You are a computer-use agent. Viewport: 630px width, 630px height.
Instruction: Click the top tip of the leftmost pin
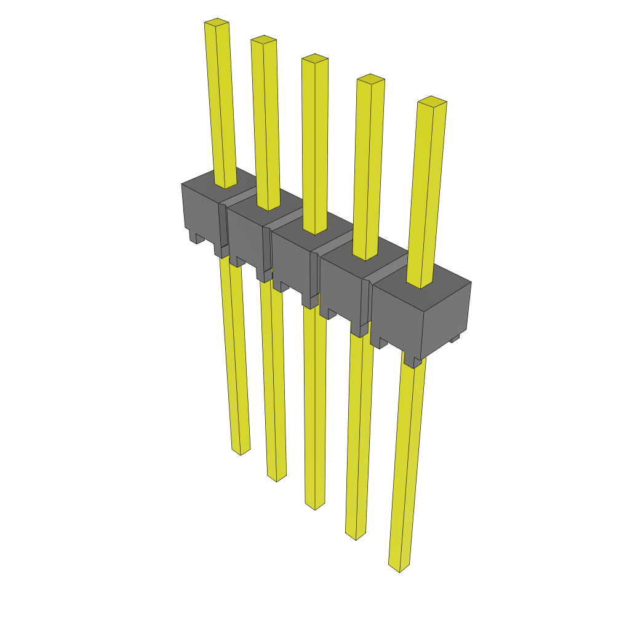point(217,23)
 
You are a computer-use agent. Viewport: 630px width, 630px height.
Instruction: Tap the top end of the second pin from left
point(263,40)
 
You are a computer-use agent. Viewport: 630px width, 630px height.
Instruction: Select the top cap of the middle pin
point(314,59)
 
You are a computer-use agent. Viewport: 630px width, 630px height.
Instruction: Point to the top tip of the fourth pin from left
point(371,79)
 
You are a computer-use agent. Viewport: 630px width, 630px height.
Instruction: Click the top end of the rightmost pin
point(432,102)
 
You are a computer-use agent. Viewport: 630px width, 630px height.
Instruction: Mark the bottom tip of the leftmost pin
point(241,451)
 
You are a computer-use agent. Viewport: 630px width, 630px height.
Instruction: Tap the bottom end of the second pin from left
point(276,477)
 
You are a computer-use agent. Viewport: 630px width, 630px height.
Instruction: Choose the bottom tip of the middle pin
point(315,505)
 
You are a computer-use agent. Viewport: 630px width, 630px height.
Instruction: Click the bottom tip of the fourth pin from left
point(356,535)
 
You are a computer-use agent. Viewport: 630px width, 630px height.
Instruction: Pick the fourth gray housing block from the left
point(343,289)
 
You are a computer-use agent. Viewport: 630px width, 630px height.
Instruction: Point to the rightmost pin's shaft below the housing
point(407,461)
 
